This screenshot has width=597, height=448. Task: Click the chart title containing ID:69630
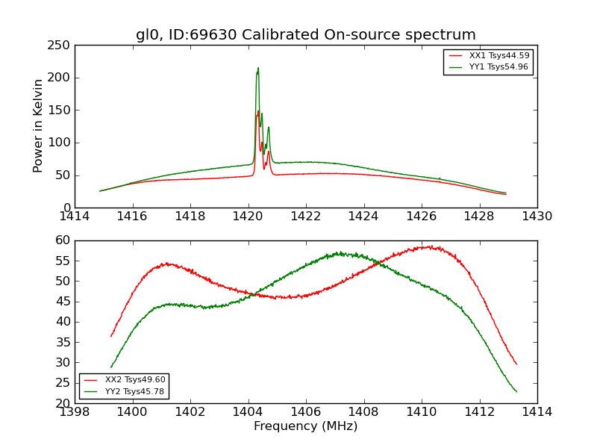pos(306,35)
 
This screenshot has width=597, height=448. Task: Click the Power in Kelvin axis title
pos(39,126)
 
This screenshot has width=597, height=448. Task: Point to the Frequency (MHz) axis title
pos(306,426)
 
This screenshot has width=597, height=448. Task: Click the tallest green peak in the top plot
pos(258,69)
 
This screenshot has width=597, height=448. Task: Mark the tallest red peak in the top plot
pos(258,111)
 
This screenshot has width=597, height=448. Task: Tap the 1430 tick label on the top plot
pos(537,216)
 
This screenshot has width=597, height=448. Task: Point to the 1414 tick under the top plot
pos(75,216)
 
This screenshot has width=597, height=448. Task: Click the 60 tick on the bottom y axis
pos(65,240)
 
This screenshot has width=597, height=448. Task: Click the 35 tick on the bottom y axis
pos(65,342)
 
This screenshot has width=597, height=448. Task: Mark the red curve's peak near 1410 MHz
pos(427,246)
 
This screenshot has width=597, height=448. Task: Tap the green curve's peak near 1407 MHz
pos(339,253)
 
